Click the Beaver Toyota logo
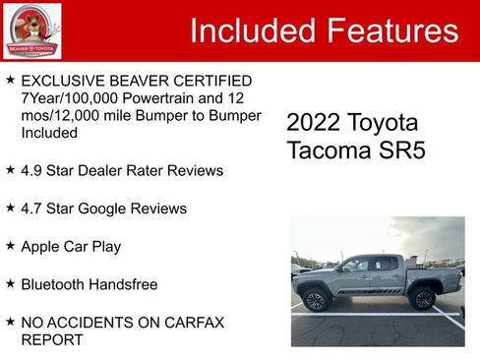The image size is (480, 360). point(31,31)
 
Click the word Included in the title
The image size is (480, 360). point(252,31)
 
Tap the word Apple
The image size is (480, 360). point(42,246)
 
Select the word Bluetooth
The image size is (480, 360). point(56,284)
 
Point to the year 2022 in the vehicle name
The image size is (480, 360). point(313,123)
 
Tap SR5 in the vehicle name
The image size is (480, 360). point(397,151)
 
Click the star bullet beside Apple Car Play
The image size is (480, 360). point(10,245)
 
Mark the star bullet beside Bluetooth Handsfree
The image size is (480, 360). point(10,283)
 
